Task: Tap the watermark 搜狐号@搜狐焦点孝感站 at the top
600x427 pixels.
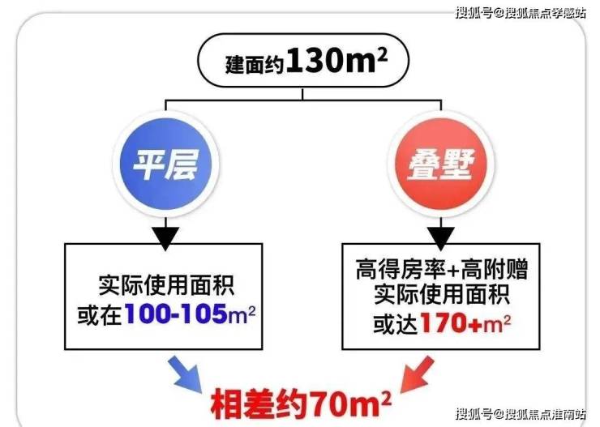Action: [x=518, y=13]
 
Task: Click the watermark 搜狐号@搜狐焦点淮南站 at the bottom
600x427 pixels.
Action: [x=518, y=414]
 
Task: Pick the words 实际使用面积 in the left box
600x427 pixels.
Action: [x=169, y=284]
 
